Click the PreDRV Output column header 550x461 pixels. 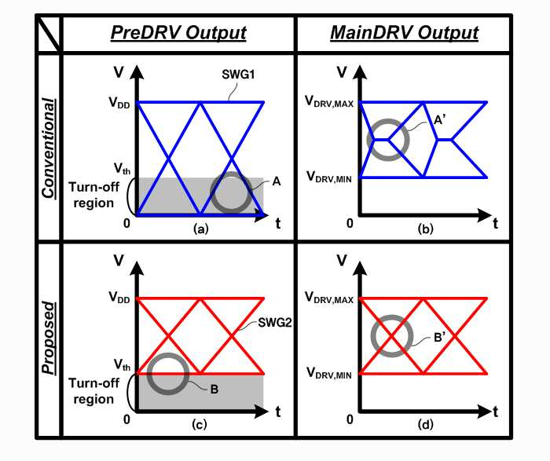click(x=178, y=33)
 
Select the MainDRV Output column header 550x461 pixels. click(x=405, y=33)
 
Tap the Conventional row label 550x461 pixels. click(x=49, y=148)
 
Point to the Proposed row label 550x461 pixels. click(x=49, y=338)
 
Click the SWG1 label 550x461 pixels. click(x=239, y=75)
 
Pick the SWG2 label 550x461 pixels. click(x=275, y=323)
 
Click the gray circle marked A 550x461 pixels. click(x=231, y=192)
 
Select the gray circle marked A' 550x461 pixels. click(x=388, y=140)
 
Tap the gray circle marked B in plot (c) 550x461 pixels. click(x=168, y=374)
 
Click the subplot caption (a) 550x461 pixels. click(x=201, y=229)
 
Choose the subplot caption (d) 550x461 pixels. click(x=426, y=425)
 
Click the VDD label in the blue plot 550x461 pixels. click(x=119, y=103)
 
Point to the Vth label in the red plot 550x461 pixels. click(x=122, y=365)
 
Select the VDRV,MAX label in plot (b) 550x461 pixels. click(x=329, y=101)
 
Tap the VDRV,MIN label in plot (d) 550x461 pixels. click(x=329, y=373)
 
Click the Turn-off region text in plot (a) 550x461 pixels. click(x=93, y=195)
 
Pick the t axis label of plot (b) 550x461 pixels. click(x=495, y=223)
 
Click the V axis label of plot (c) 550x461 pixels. click(x=119, y=261)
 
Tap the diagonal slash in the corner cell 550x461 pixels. click(x=49, y=34)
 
